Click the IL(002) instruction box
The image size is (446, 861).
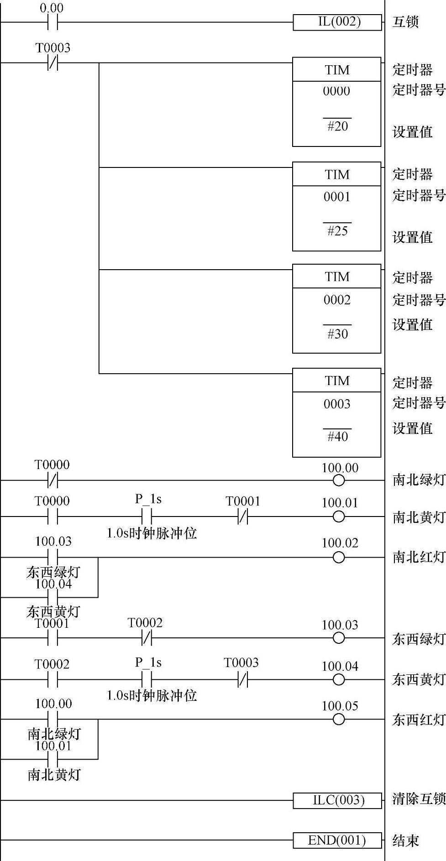[x=337, y=22]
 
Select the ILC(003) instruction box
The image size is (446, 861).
[x=337, y=800]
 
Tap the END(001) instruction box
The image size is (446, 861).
[x=337, y=840]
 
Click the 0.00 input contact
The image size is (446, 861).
[x=53, y=22]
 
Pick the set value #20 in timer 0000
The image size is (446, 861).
[x=337, y=126]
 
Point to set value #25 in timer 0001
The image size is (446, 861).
[x=337, y=231]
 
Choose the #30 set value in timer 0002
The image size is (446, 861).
[x=337, y=334]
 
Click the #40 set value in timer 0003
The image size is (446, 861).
[x=337, y=437]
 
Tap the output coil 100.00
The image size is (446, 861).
[x=339, y=480]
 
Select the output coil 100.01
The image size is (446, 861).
[x=339, y=517]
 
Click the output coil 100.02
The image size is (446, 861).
[x=339, y=557]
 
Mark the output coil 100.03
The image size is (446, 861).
[x=339, y=638]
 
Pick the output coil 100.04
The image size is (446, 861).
[x=339, y=679]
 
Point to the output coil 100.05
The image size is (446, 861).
[x=339, y=720]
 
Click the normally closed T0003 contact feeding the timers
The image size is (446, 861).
[x=53, y=63]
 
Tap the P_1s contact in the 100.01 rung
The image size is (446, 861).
[x=147, y=517]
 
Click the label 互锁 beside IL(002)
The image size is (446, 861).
[x=405, y=22]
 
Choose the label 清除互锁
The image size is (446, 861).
[x=419, y=799]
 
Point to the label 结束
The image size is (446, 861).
[x=405, y=840]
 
